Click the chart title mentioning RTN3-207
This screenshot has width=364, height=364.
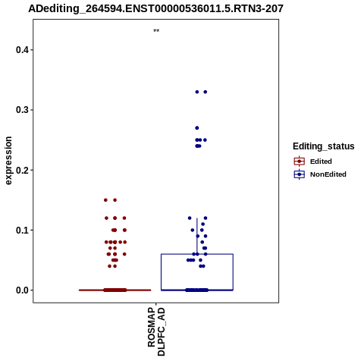[x=155, y=8]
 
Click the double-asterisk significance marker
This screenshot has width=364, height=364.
[x=156, y=31]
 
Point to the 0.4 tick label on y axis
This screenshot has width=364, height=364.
[x=22, y=50]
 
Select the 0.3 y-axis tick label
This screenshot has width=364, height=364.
[x=22, y=110]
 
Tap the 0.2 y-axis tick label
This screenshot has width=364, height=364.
[x=22, y=170]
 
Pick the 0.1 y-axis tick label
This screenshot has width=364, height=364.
[x=22, y=230]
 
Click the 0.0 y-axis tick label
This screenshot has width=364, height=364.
[x=22, y=290]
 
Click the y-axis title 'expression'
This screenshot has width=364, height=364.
[x=8, y=161]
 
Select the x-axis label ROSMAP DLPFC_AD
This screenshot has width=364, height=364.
[x=156, y=331]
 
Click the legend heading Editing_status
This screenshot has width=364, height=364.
[x=324, y=146]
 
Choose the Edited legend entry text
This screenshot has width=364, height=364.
[x=321, y=162]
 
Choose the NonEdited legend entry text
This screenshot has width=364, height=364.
[x=328, y=174]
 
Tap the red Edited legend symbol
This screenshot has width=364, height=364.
[x=300, y=162]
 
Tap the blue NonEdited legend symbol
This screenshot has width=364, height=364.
[x=300, y=174]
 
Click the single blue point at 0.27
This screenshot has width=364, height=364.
[x=197, y=128]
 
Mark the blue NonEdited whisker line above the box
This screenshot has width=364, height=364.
[x=197, y=236]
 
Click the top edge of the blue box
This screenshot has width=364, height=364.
[x=197, y=254]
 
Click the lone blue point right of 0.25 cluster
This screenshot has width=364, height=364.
[x=205, y=140]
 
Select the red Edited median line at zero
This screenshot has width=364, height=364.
[x=115, y=290]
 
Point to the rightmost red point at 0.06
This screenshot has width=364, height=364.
[x=124, y=254]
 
